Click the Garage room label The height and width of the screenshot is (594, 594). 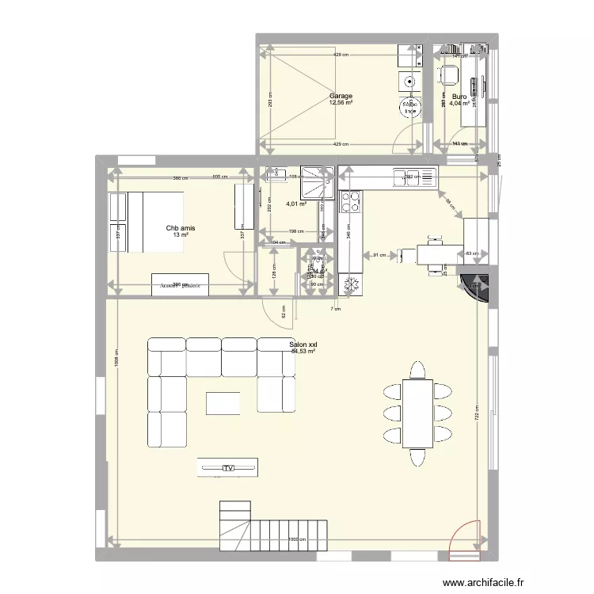tap(341, 96)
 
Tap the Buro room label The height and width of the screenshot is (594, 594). tap(459, 96)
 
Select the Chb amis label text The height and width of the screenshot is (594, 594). tap(181, 228)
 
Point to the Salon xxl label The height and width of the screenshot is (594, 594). tap(303, 345)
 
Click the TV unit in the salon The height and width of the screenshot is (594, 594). tap(228, 468)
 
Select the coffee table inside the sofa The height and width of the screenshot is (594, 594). tap(224, 403)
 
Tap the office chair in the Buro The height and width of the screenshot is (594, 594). tap(448, 76)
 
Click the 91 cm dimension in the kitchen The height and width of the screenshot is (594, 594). tap(380, 255)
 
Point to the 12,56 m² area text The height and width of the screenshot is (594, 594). tap(341, 103)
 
